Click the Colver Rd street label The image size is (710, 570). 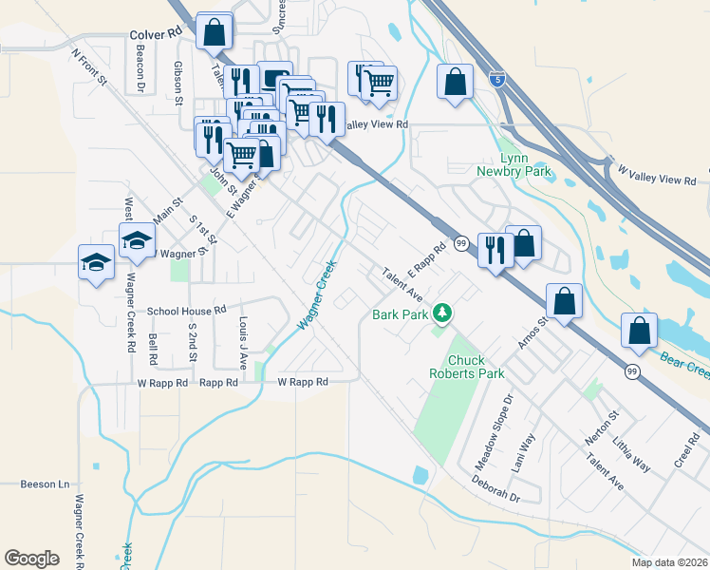point(155,33)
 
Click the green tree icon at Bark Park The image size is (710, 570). point(441,313)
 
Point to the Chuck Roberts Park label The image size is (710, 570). point(477,367)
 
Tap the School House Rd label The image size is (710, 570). point(186,311)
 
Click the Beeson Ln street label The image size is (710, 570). point(45,484)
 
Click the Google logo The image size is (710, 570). point(31,559)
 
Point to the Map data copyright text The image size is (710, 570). point(668,562)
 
